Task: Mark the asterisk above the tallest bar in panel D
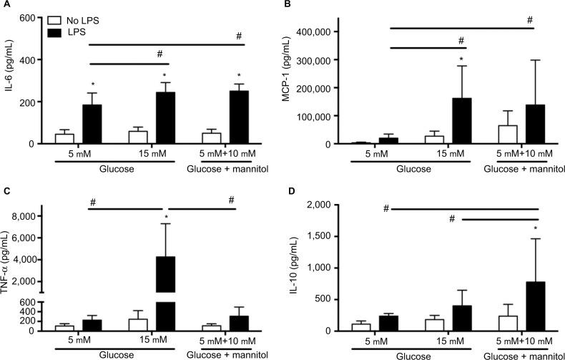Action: pos(536,230)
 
